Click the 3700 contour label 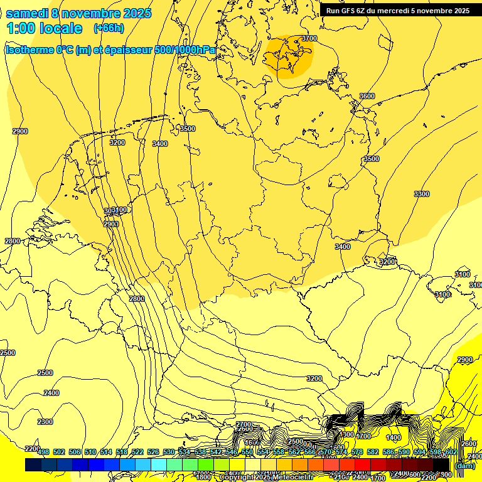coord(309,38)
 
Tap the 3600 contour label coord(367,96)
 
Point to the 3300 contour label coord(422,194)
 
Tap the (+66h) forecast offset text coord(109,28)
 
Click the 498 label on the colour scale coord(43,453)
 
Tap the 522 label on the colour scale coord(137,453)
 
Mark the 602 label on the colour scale coord(451,453)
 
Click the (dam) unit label coord(465,466)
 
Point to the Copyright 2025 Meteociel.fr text coord(266,478)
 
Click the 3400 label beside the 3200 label coord(160,144)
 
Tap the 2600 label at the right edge coord(468,444)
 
